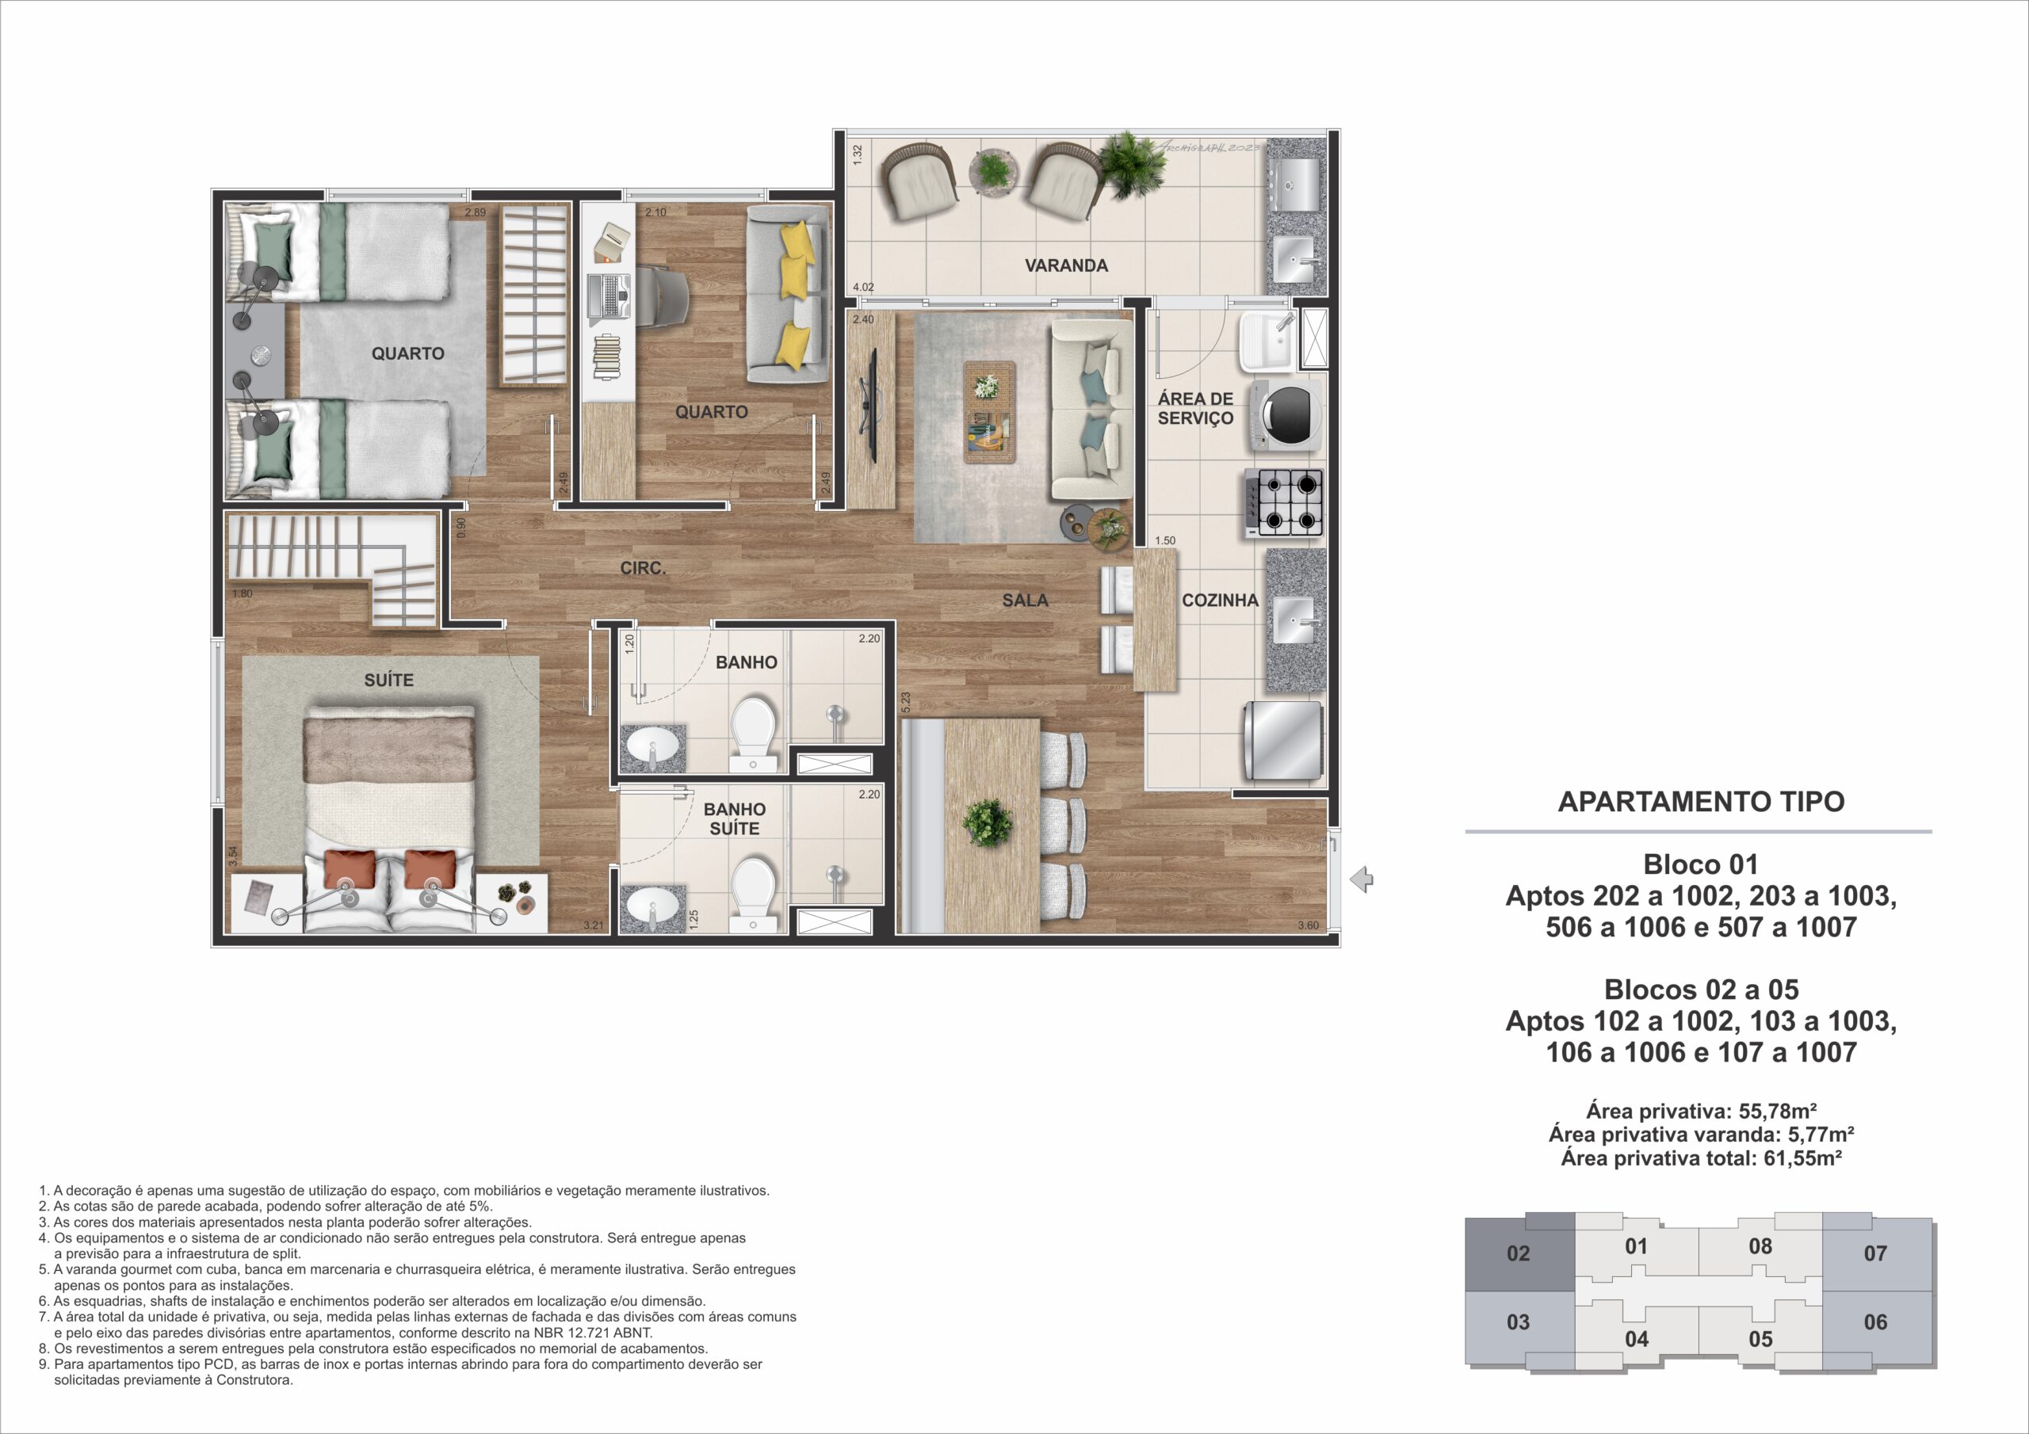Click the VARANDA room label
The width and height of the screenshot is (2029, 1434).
point(1066,265)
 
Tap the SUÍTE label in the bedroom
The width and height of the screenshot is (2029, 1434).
point(389,680)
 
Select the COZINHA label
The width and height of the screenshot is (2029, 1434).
point(1220,601)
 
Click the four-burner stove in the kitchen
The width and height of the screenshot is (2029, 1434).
point(1284,503)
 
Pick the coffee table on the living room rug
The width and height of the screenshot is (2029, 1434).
point(989,412)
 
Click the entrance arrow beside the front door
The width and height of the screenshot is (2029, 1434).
point(1362,879)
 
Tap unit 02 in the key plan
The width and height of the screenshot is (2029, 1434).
point(1519,1253)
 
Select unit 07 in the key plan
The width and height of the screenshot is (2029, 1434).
point(1875,1253)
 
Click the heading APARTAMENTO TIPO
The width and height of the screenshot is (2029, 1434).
point(1700,802)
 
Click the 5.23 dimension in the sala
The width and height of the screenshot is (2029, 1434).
point(905,703)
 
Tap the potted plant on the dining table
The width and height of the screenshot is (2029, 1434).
point(987,822)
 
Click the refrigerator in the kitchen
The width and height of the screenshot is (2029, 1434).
point(1284,741)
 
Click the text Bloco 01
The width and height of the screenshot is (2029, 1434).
point(1700,864)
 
